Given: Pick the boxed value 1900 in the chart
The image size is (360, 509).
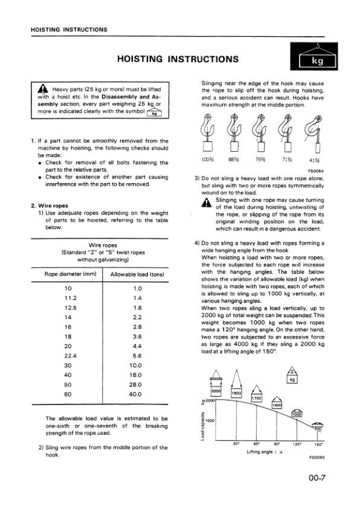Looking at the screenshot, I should [x=237, y=393].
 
